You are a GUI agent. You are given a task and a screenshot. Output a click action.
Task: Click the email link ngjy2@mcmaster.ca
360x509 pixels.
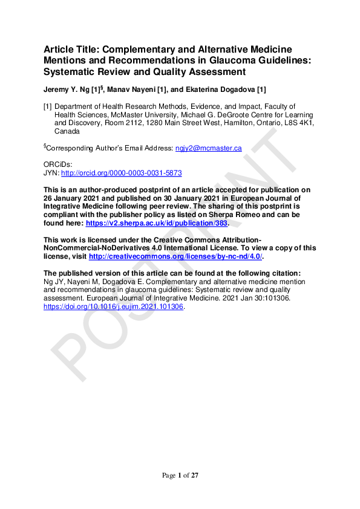pos(208,148)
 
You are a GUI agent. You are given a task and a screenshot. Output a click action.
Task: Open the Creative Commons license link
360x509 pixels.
pos(175,256)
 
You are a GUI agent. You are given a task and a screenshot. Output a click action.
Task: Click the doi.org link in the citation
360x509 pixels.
pos(113,306)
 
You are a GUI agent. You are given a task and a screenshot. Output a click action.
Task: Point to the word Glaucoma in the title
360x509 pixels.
pos(227,60)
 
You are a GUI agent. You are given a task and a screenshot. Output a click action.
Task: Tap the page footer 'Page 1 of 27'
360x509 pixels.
pos(180,476)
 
